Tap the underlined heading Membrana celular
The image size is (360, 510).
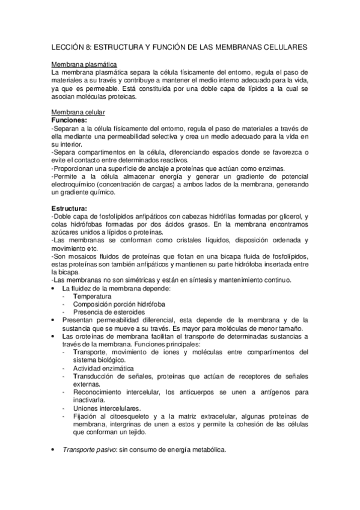tap(79, 112)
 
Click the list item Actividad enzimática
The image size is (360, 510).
tap(103, 368)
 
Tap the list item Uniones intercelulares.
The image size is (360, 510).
tap(107, 408)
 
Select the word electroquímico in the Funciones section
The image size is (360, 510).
tap(75, 185)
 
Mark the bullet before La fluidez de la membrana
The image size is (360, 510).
tap(55, 289)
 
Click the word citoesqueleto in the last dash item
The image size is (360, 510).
tap(130, 416)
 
